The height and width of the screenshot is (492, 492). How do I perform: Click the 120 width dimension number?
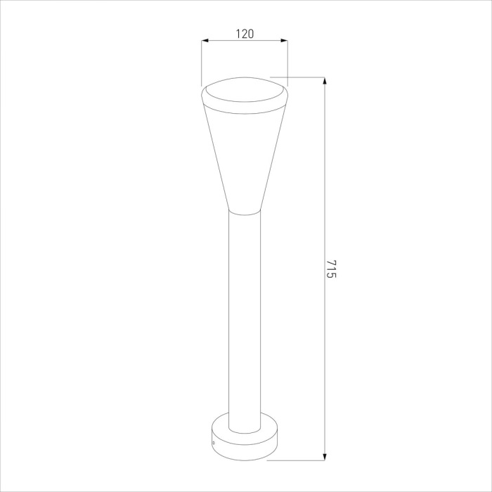(x=244, y=33)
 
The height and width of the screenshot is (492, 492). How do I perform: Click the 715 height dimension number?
(x=331, y=269)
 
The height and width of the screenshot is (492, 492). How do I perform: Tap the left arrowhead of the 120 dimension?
(x=205, y=41)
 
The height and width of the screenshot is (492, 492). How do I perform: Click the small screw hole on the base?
(x=214, y=443)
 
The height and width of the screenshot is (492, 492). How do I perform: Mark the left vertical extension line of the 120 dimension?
(x=202, y=63)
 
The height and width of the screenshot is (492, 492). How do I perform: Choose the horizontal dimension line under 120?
(x=232, y=41)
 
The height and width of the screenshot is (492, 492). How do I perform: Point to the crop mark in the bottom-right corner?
(x=487, y=487)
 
